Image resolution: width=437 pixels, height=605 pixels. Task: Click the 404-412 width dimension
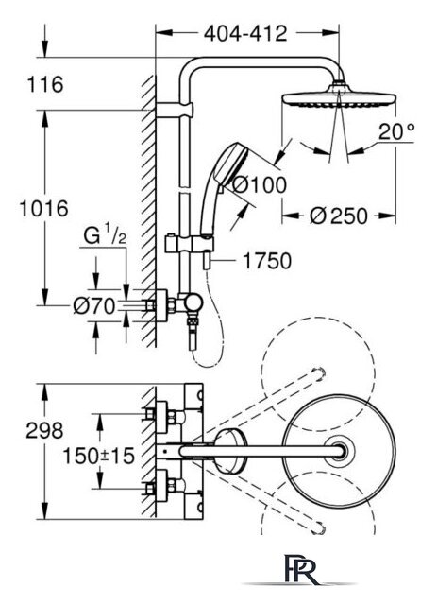tap(245, 34)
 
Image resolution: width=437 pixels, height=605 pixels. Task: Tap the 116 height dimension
tap(45, 84)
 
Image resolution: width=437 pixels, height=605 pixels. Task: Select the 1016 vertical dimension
tap(44, 209)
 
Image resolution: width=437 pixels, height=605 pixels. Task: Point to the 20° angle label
tap(396, 131)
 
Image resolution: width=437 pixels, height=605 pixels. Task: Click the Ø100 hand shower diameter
tap(260, 184)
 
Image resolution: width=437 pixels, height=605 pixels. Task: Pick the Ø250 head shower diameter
tap(338, 216)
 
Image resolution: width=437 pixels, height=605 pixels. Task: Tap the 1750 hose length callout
tap(267, 261)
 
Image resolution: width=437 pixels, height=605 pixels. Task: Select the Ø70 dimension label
tap(94, 306)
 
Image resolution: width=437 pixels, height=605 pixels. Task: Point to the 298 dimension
tap(44, 430)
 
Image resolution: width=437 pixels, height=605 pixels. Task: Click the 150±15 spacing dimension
tap(99, 457)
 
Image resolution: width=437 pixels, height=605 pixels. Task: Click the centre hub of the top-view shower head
tap(339, 451)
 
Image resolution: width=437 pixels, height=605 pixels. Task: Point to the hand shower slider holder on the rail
tap(189, 244)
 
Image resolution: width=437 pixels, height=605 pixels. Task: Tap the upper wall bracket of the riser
tap(175, 110)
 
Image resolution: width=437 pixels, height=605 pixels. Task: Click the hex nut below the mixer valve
tap(193, 321)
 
